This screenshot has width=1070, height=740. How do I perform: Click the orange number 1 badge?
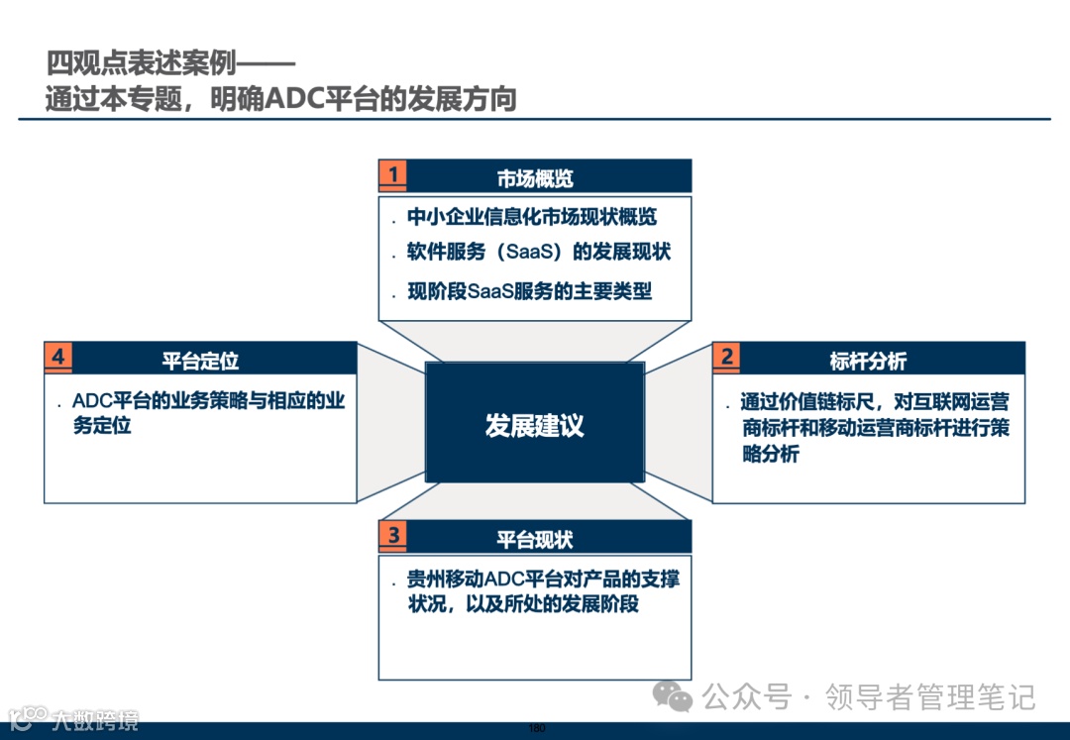[393, 175]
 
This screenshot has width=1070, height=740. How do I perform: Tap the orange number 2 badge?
[727, 357]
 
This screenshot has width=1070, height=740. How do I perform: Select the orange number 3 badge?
[393, 536]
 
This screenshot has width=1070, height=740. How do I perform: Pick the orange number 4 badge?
[58, 357]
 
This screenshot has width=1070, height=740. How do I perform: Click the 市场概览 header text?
[535, 178]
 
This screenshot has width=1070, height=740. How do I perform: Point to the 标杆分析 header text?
[868, 361]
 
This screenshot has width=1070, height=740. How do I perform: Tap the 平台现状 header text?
[535, 540]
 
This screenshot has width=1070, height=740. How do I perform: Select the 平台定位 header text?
[200, 361]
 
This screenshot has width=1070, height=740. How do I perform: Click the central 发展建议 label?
[535, 426]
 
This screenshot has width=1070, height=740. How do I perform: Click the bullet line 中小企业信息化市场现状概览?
[532, 217]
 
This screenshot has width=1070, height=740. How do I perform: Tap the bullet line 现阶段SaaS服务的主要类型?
[530, 290]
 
